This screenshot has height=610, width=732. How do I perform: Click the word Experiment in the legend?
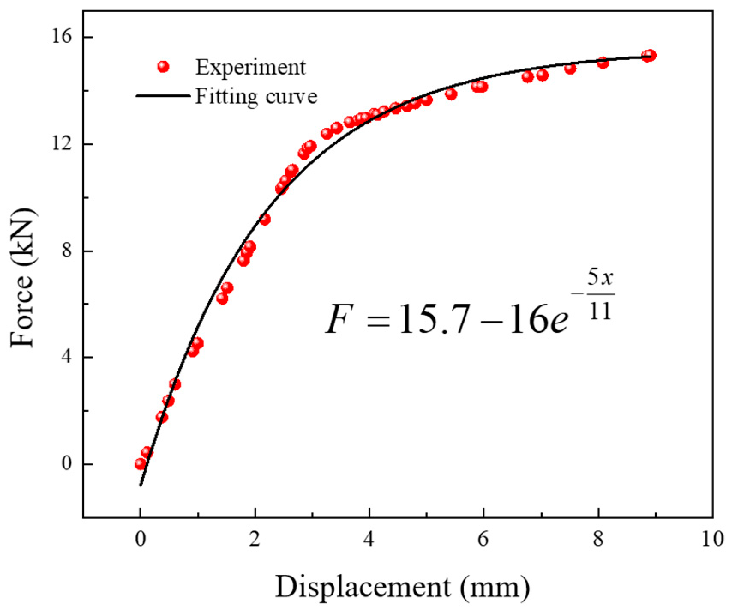[251, 67]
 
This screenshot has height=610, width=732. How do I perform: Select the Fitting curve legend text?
[256, 96]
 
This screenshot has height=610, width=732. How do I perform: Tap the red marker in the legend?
[163, 66]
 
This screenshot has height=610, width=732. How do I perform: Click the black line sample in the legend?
[163, 96]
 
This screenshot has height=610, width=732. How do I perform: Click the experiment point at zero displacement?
[140, 464]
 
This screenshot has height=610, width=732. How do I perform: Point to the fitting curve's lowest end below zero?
[141, 485]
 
